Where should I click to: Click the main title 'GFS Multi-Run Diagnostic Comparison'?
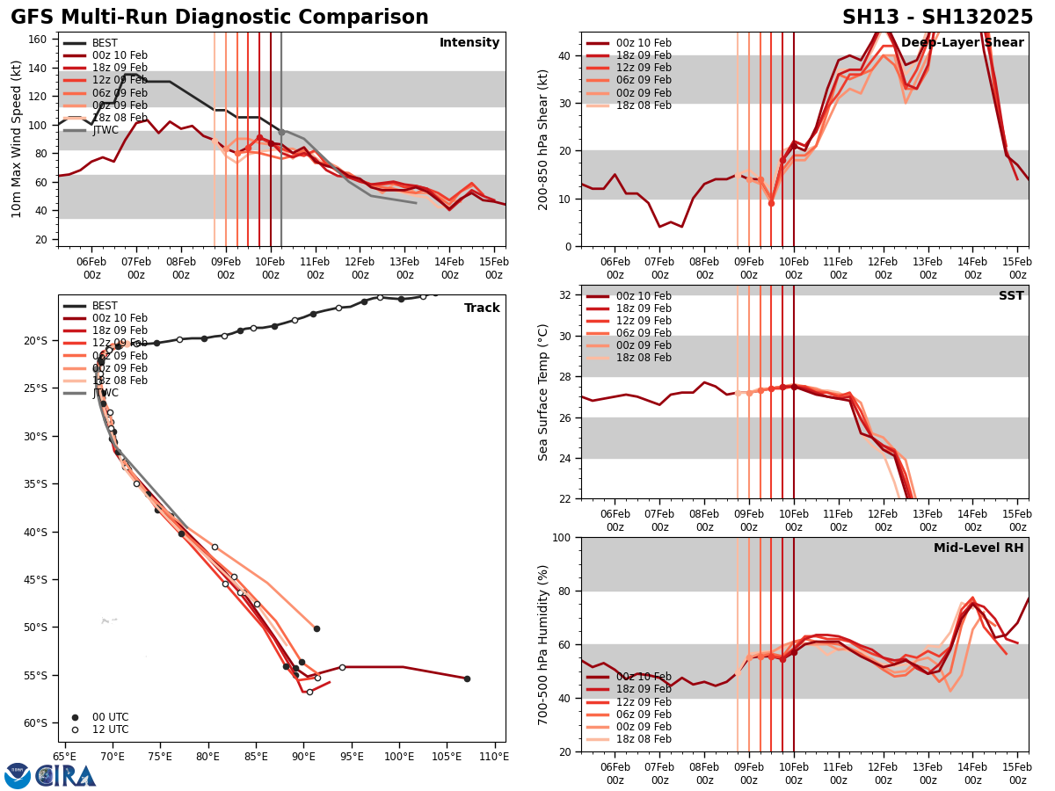(220, 18)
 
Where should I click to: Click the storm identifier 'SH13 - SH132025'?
(937, 18)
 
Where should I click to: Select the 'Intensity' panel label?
(469, 43)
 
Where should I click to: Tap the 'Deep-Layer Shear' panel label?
(962, 43)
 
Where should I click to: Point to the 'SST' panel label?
(1011, 296)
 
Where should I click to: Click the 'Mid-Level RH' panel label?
(979, 548)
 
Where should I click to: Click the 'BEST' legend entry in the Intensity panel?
(105, 43)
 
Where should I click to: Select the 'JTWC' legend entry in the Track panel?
(105, 393)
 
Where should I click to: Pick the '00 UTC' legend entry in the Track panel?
(110, 717)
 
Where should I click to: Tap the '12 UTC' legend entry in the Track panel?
(110, 729)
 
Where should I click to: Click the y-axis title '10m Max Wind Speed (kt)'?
(16, 138)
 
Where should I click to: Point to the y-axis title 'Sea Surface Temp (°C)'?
(543, 392)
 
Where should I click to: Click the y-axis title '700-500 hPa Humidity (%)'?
(543, 644)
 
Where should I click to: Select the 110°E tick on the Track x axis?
(494, 756)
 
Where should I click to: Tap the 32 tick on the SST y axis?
(567, 295)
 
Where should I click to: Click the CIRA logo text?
(67, 776)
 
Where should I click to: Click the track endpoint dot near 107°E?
(467, 679)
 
